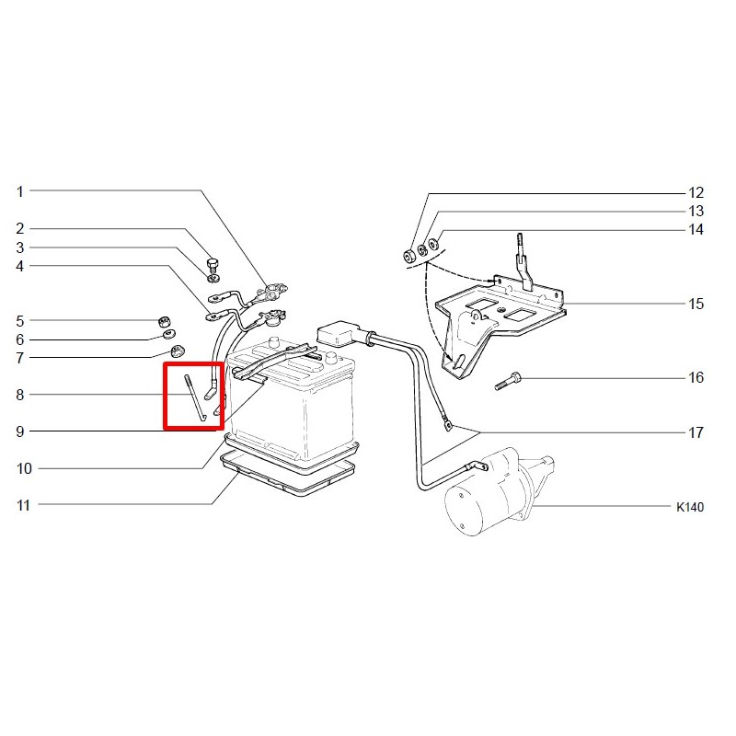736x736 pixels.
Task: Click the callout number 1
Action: coord(19,191)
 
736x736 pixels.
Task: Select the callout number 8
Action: coord(19,395)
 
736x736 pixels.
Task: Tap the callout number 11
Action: coord(23,505)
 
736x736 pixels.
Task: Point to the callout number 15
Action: coord(696,304)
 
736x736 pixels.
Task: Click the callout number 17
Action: coord(696,432)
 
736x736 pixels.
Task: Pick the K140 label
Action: coord(690,507)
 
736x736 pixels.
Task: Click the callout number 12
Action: coord(696,192)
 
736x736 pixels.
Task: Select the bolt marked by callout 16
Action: coord(508,381)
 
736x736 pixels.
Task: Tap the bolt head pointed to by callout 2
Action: coord(213,263)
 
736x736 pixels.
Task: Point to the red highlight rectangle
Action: coord(193,396)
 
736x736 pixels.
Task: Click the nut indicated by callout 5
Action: coord(164,322)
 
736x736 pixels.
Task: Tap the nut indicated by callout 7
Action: coord(178,351)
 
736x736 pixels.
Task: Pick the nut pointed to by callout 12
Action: coord(409,257)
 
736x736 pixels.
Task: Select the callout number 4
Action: coord(19,266)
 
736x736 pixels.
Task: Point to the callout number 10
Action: coord(24,468)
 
